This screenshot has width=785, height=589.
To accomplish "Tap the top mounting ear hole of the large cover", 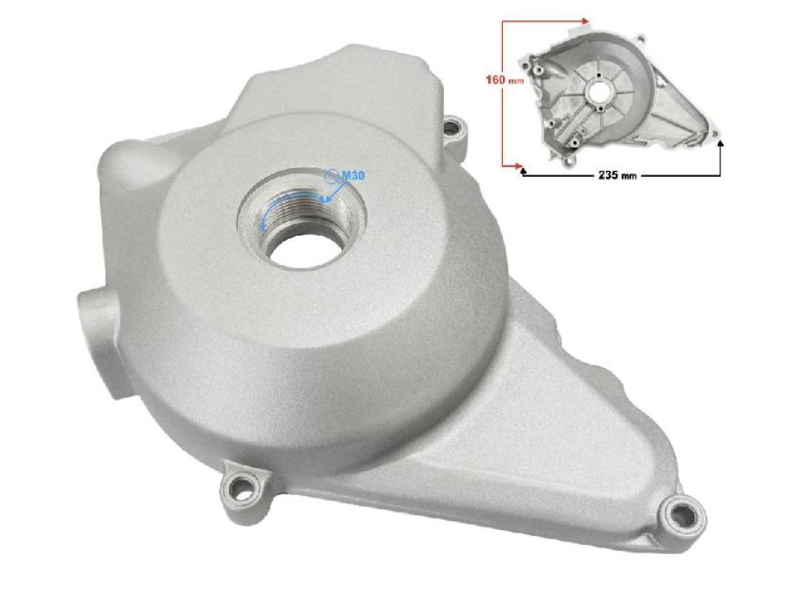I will [x=454, y=127].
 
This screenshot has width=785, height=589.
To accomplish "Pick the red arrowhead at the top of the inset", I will [x=585, y=19].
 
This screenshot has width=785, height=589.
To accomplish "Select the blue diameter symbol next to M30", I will [x=331, y=174].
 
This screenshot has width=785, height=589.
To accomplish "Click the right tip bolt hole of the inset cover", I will [x=713, y=129].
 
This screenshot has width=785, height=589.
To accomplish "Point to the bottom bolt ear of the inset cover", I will [x=575, y=145].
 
